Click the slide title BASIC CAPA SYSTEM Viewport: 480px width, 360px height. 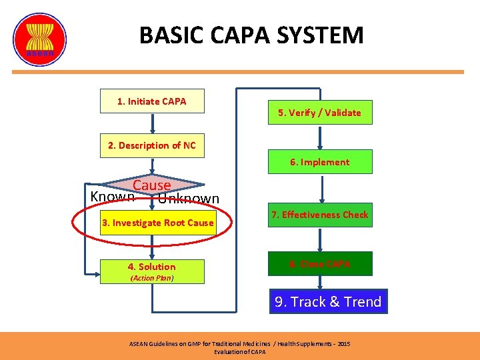tap(251, 35)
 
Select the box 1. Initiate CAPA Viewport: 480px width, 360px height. tap(152, 102)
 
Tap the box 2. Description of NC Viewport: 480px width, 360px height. tap(152, 146)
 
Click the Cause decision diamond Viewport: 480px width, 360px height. tap(152, 185)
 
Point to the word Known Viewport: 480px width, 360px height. tap(112, 196)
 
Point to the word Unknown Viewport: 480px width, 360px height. tap(189, 199)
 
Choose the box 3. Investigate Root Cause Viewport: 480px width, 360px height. tap(157, 223)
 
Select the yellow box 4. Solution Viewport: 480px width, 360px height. tap(152, 267)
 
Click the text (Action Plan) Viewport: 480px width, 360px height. tap(152, 278)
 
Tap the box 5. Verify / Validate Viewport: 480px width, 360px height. tap(319, 113)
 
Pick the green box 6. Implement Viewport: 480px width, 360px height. tap(319, 162)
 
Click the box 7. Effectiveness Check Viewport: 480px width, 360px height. tap(319, 215)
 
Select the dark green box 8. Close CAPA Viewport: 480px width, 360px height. tap(319, 264)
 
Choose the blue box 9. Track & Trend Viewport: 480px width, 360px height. tap(328, 302)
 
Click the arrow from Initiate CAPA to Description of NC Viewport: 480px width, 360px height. tap(152, 123)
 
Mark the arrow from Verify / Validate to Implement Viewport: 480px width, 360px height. tap(320, 137)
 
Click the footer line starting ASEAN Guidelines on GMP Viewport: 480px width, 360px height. tap(239, 344)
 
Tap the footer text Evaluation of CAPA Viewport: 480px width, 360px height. tap(239, 352)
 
